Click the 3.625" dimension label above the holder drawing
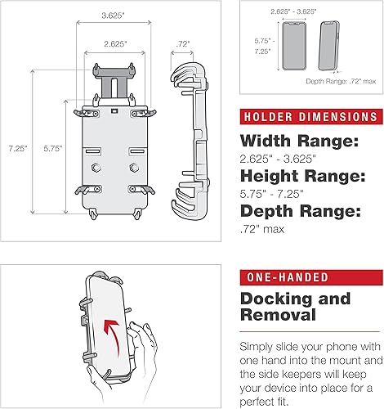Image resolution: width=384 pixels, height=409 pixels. [114, 14]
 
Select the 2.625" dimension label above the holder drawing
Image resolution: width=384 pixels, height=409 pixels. [114, 43]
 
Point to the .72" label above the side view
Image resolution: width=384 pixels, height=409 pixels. [184, 41]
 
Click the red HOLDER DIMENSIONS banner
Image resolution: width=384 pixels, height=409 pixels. [309, 116]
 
